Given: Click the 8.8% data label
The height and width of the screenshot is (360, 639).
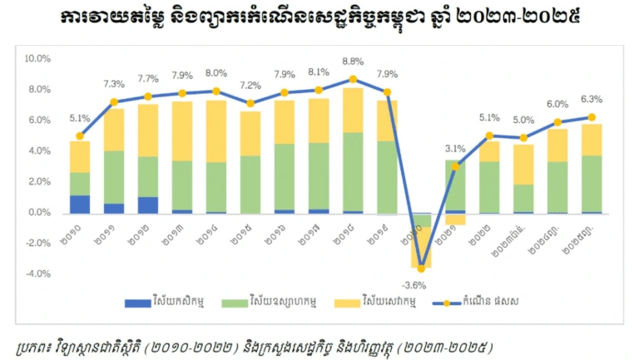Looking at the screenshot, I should (353, 62).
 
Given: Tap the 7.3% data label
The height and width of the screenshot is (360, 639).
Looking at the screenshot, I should (114, 85).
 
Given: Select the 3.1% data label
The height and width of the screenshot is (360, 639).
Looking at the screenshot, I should (455, 149).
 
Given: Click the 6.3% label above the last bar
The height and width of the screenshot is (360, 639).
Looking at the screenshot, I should (590, 100).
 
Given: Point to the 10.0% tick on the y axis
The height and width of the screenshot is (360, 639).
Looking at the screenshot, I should (38, 59).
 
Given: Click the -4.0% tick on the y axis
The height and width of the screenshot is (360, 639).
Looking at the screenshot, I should (38, 274).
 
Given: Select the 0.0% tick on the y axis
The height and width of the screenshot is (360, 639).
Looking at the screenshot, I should (40, 213).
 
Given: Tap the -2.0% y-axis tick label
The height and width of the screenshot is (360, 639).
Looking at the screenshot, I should (38, 243).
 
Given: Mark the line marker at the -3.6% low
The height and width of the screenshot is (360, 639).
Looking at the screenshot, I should (421, 269).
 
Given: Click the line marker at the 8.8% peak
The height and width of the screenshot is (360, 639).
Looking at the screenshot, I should (353, 79).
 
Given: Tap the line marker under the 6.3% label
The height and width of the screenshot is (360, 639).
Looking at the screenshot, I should (591, 117).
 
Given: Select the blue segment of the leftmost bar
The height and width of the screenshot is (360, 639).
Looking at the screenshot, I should (80, 204).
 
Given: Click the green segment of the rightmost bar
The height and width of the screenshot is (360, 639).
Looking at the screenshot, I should (591, 183).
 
